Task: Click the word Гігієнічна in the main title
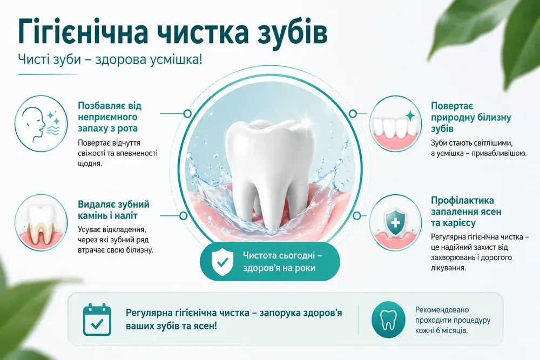click(x=83, y=32)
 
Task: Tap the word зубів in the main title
click(x=292, y=33)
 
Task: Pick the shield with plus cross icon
click(x=395, y=222)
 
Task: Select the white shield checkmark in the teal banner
click(x=222, y=262)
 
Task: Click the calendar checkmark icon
click(x=97, y=320)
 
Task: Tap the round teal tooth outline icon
click(x=388, y=320)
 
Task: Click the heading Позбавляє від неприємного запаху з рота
click(x=110, y=117)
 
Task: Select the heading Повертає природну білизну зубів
click(x=471, y=117)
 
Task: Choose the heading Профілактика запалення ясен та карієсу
click(x=466, y=212)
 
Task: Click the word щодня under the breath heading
click(x=90, y=164)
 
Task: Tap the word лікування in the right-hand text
click(x=448, y=268)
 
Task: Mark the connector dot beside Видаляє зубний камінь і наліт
click(x=183, y=216)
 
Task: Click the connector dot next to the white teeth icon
click(x=352, y=113)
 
